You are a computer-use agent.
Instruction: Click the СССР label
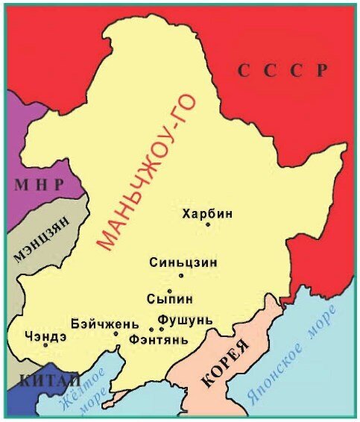coord(282,71)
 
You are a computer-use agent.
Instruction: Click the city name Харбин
coord(207,213)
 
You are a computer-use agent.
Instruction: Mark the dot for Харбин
coord(208,224)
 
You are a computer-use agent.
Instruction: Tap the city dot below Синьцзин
coord(180,275)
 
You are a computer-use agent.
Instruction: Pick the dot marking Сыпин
coord(170,291)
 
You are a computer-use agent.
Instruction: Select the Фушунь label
coord(185,320)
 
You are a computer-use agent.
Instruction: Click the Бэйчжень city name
coord(105,323)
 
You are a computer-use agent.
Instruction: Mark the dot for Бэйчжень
coord(116,333)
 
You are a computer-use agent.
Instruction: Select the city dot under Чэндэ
coord(45,344)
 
